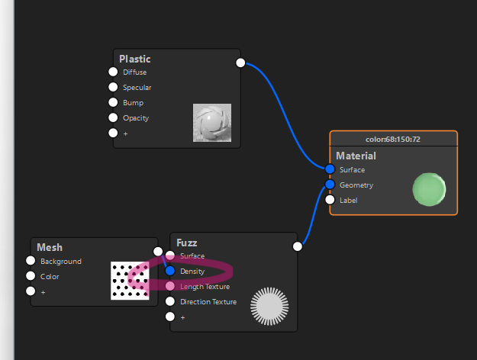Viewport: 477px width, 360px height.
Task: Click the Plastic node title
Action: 135,59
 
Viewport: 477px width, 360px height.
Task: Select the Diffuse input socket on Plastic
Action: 113,72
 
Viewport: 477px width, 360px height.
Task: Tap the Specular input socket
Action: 113,87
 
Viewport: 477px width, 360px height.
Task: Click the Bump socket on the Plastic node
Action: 113,102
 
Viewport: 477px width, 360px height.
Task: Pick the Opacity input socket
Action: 113,117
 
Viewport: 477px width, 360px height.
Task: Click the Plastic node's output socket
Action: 240,63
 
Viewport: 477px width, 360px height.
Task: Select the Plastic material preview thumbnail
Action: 212,123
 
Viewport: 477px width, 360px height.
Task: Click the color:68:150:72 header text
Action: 393,140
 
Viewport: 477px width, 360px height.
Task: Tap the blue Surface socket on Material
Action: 330,169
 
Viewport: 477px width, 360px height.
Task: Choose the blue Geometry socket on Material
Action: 330,185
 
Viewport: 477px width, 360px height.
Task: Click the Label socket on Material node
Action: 330,200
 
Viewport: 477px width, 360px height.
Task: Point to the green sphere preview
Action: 429,189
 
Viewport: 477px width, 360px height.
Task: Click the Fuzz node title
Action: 187,243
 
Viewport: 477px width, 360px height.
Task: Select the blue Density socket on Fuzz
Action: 170,271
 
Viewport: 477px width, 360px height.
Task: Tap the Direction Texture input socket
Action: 170,301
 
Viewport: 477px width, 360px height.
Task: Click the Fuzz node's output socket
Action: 298,246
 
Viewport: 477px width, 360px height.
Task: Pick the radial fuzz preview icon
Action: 269,306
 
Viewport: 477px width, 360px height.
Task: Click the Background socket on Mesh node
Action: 31,261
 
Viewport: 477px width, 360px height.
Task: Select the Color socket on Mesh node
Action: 31,276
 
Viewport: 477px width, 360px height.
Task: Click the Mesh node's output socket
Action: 158,252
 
